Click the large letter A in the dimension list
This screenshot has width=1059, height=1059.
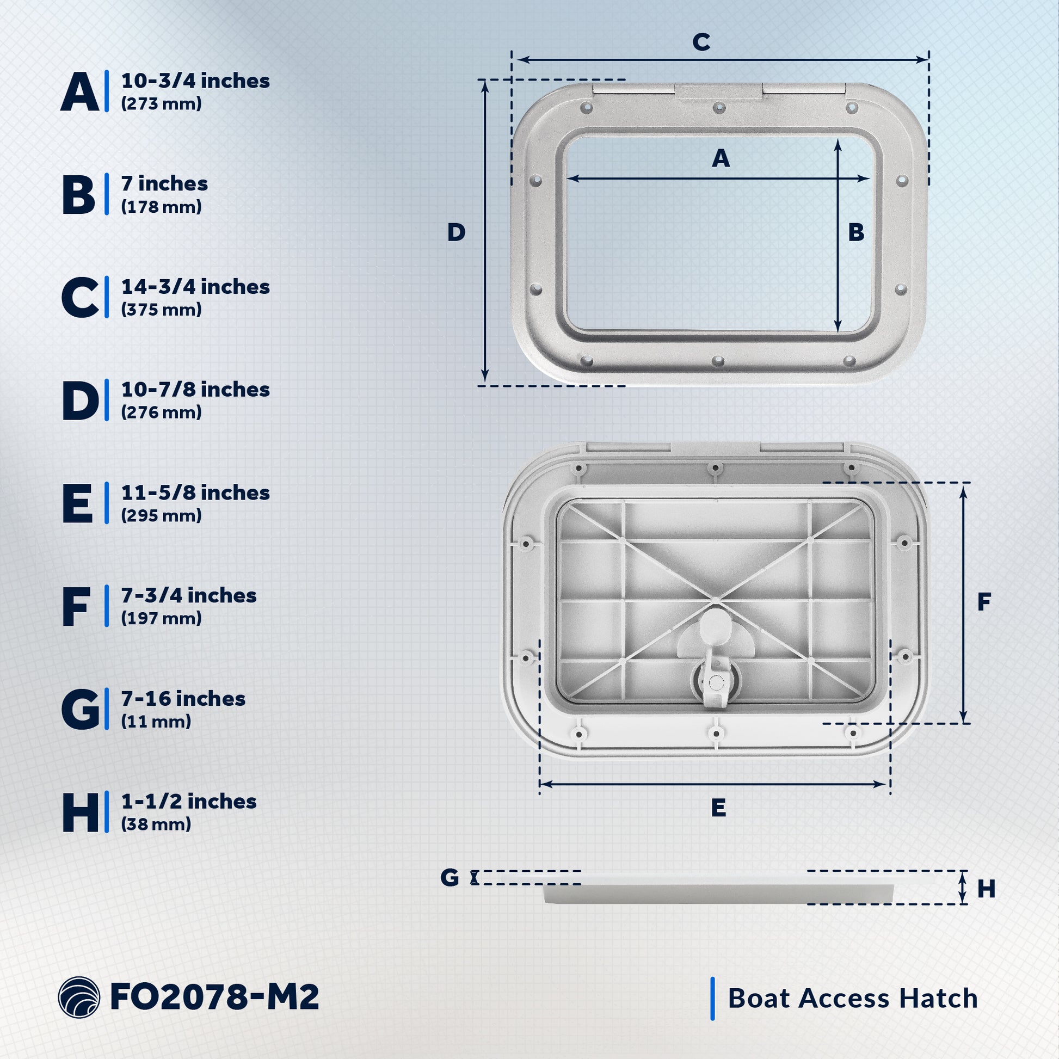(x=81, y=91)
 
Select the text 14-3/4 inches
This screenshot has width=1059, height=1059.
(x=195, y=287)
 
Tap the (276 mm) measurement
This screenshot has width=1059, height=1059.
(x=161, y=412)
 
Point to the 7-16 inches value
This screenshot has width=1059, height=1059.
(x=183, y=699)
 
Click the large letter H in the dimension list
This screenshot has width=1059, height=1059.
(x=81, y=812)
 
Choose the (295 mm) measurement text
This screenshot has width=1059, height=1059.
(x=161, y=515)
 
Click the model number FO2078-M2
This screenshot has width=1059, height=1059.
(x=214, y=996)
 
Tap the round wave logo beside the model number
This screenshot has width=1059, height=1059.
(x=79, y=997)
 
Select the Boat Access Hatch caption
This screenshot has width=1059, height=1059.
(x=852, y=998)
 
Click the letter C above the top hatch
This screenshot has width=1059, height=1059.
(x=701, y=42)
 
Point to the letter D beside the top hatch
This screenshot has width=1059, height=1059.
(x=456, y=232)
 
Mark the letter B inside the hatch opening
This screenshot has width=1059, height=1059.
(x=855, y=232)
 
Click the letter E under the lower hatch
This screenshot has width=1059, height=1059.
(x=718, y=808)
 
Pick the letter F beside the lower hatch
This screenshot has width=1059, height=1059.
(x=984, y=602)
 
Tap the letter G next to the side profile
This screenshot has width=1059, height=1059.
(x=450, y=878)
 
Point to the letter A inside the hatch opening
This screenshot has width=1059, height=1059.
(x=721, y=158)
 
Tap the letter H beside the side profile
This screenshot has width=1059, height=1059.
(x=986, y=889)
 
